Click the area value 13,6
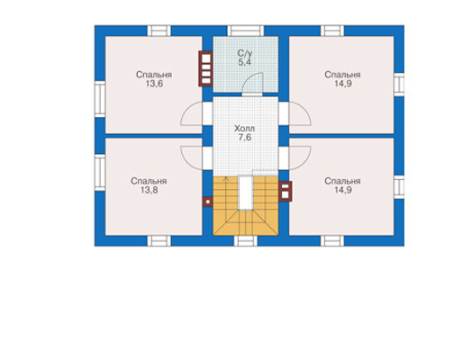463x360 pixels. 154,84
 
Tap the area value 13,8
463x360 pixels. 150,190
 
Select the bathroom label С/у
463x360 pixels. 245,54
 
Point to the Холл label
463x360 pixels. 244,129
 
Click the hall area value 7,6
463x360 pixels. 245,138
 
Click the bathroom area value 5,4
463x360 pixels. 245,62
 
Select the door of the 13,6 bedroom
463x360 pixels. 191,113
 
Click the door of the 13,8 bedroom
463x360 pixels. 191,157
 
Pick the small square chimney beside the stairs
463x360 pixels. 207,202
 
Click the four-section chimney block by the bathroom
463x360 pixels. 205,68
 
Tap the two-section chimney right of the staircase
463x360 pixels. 286,191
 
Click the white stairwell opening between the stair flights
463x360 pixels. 246,193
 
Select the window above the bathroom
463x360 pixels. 245,31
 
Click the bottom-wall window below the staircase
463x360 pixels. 246,241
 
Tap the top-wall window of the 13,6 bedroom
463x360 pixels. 159,31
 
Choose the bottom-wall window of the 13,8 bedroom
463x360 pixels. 159,241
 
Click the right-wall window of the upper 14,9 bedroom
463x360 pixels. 399,85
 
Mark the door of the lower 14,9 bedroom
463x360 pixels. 300,157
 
